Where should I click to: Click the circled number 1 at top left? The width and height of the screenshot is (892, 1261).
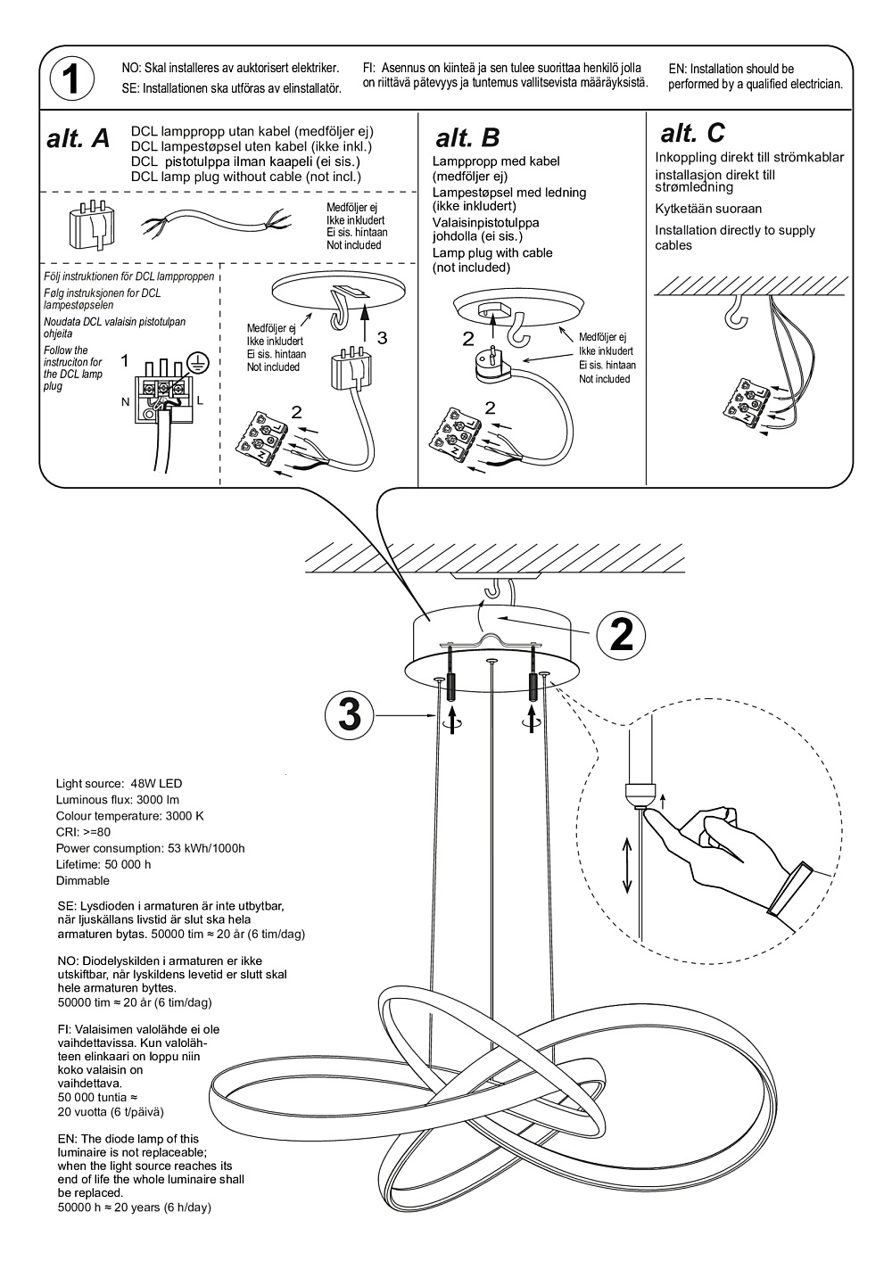[x=72, y=79]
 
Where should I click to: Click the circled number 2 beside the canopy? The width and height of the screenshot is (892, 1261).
[x=621, y=634]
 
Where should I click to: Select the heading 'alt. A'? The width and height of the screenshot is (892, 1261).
[x=78, y=139]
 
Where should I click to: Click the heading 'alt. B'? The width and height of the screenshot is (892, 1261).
[x=467, y=138]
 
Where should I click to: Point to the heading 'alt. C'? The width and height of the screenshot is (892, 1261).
[x=692, y=134]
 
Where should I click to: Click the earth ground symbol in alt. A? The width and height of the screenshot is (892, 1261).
[x=200, y=361]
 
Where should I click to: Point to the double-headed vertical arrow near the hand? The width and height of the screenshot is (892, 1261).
[x=628, y=865]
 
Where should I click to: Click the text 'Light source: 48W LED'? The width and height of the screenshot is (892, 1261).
[x=119, y=784]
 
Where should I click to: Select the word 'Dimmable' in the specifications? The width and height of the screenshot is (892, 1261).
[x=83, y=880]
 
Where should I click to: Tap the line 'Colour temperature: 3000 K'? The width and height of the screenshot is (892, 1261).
[x=129, y=816]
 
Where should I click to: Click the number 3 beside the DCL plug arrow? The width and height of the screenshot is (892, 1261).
[x=382, y=337]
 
